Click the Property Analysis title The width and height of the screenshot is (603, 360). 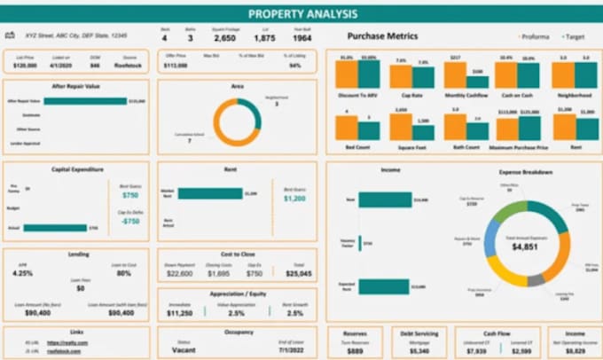click(302, 13)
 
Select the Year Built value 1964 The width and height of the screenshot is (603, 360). click(301, 38)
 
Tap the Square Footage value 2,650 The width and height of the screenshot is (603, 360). click(224, 38)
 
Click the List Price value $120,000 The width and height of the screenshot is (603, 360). click(26, 65)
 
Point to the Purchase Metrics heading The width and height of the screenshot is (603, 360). click(382, 36)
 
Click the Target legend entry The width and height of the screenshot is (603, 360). click(576, 37)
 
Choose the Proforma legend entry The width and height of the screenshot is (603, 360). click(535, 37)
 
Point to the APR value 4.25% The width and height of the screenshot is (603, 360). click(23, 273)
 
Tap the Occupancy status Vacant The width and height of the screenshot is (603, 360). click(184, 351)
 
